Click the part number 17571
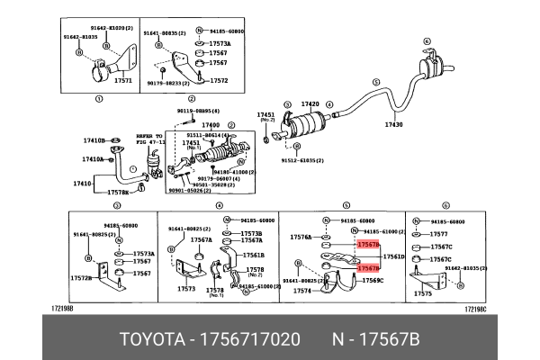coord(123,80)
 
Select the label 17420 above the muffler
coord(310,103)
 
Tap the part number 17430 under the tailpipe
coord(395,124)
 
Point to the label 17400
coord(211,125)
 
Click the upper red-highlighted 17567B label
coord(368,245)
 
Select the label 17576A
coord(301,238)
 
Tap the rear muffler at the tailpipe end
coord(435,63)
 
